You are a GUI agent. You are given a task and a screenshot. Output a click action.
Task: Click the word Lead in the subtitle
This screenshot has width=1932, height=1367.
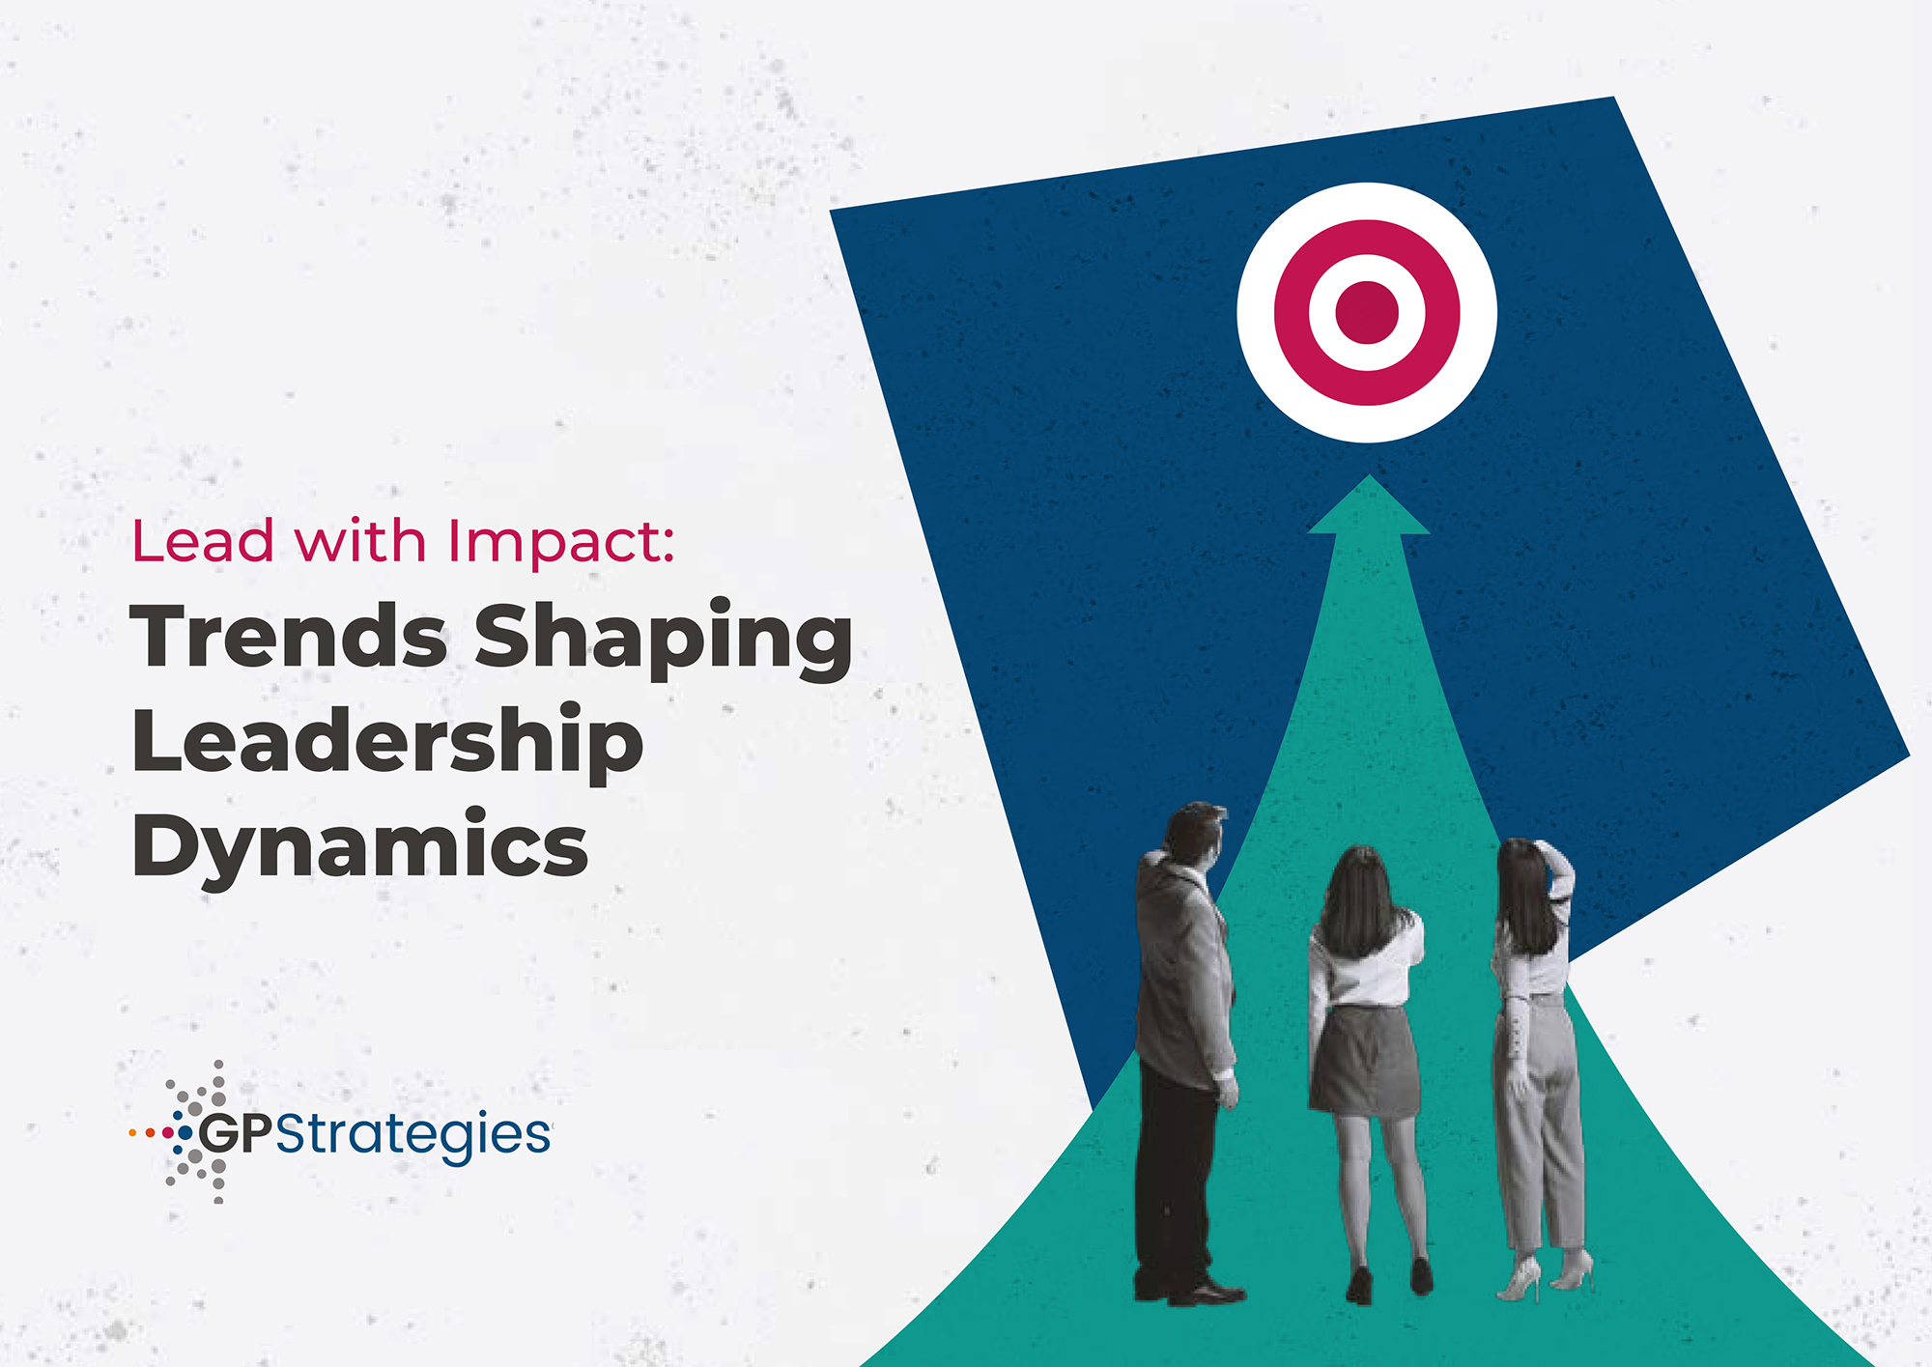click(203, 541)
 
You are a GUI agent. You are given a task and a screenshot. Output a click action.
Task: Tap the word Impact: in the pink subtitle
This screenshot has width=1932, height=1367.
click(560, 543)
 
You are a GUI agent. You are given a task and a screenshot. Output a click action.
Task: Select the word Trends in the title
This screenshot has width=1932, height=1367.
click(289, 636)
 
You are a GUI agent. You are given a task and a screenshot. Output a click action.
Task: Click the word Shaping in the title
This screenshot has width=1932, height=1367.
click(664, 640)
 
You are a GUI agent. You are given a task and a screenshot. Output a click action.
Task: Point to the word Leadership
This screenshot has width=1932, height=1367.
click(387, 742)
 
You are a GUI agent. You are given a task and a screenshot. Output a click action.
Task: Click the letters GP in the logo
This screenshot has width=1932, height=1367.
click(236, 1133)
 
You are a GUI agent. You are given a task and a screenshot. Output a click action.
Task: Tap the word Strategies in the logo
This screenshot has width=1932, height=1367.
click(413, 1135)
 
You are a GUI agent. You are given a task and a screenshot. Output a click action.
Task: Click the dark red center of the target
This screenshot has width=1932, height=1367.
click(1367, 312)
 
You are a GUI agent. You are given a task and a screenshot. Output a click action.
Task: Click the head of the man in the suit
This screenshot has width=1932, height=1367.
click(1195, 834)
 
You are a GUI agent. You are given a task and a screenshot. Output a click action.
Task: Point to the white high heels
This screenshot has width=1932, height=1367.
click(1544, 1275)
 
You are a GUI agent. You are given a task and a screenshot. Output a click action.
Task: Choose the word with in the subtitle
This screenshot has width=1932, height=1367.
click(360, 541)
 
